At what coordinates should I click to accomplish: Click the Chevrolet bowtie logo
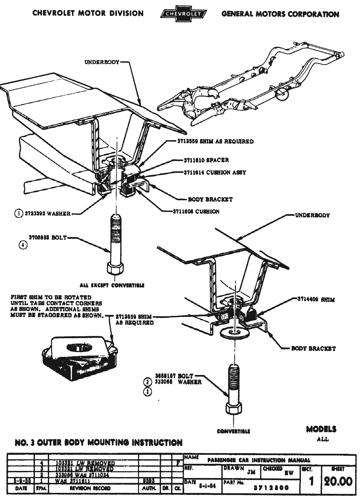[x=184, y=14]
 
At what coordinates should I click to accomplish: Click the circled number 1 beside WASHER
[x=18, y=213]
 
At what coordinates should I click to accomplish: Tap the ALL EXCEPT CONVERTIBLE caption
[x=112, y=285]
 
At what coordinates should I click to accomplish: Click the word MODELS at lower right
[x=321, y=429]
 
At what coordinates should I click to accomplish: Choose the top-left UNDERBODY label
[x=102, y=62]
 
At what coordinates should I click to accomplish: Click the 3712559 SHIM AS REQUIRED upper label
[x=215, y=141]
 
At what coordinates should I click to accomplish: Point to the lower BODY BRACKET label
[x=313, y=349]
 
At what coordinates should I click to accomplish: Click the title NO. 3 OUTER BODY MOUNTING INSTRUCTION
[x=99, y=442]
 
